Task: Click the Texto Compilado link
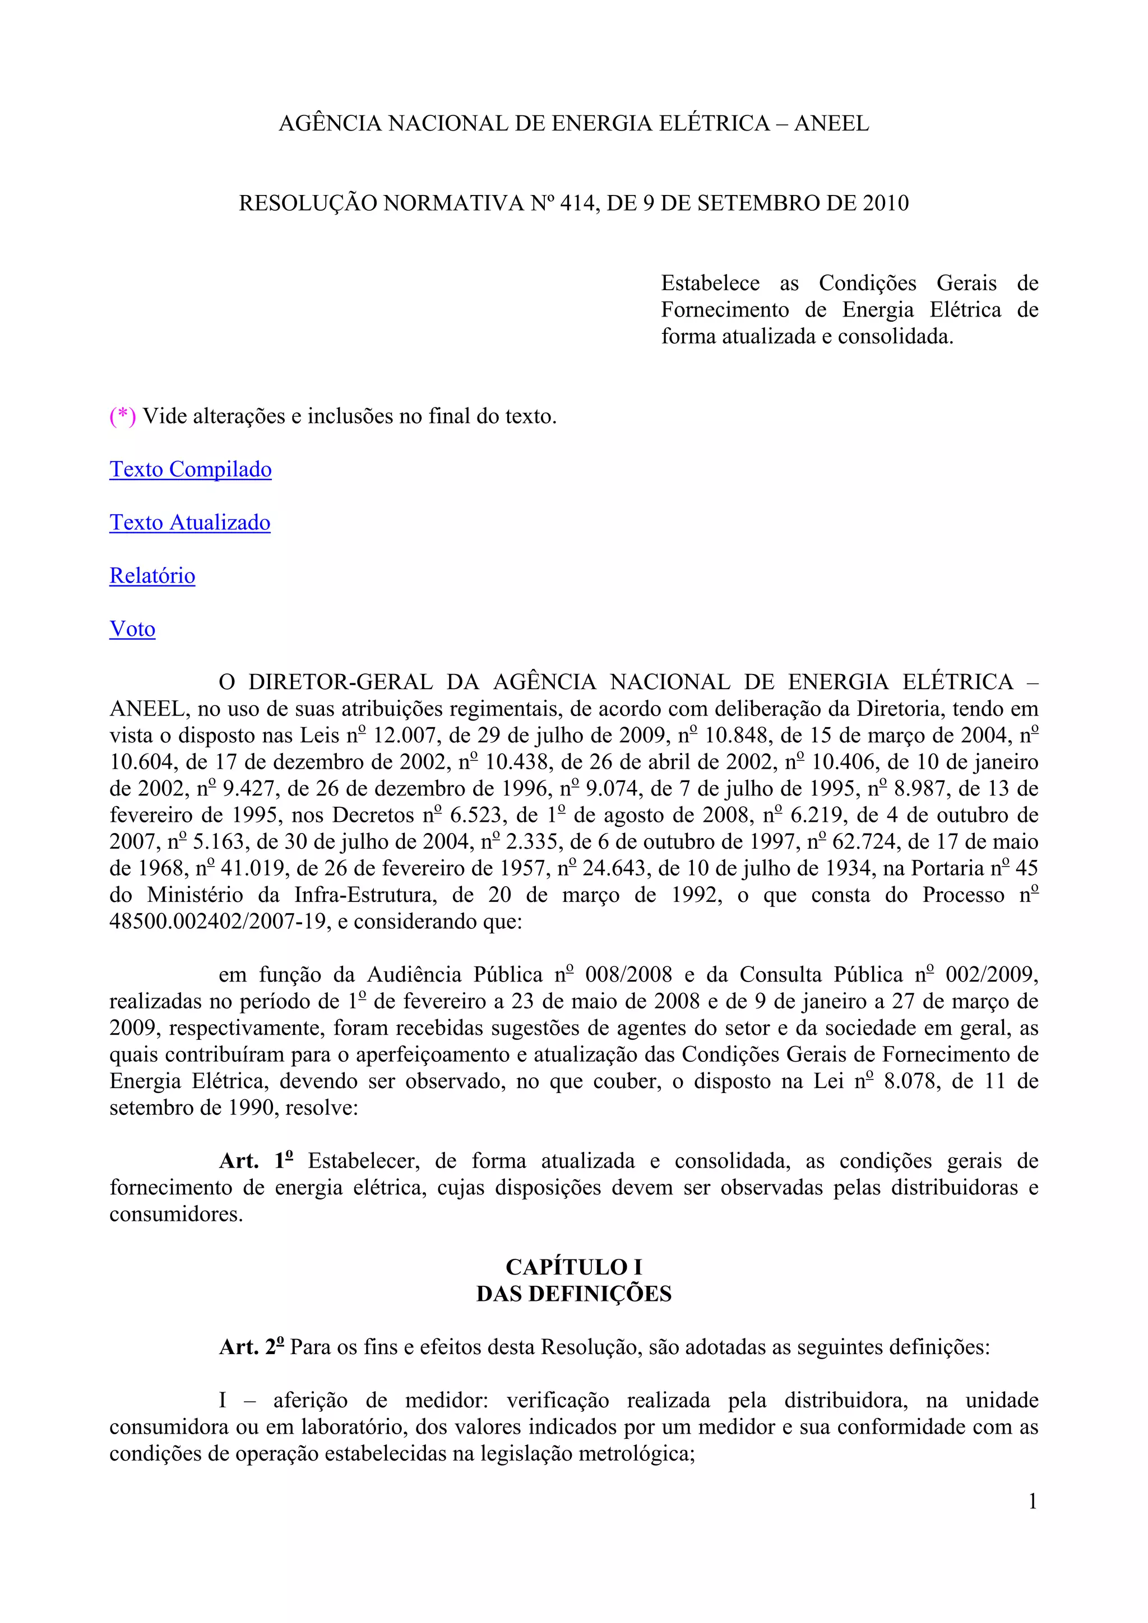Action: tap(190, 469)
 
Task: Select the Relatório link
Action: tap(152, 575)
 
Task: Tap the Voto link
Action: tap(132, 629)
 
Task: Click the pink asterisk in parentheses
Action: tap(122, 416)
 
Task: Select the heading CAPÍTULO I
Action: tap(573, 1267)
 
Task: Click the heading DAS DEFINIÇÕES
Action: tap(573, 1294)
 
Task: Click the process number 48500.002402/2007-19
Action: tap(220, 922)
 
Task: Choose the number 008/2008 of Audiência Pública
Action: tap(629, 975)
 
